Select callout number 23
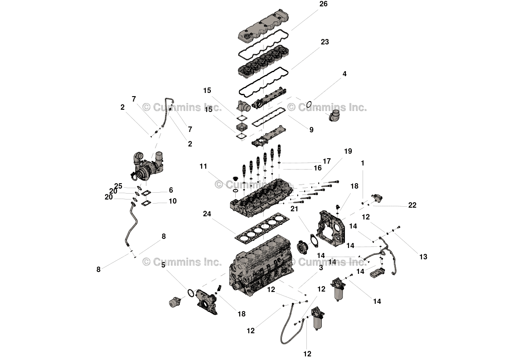pos(325,42)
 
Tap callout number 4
pos(344,74)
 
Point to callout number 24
pos(207,214)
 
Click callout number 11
pos(203,166)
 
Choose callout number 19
pos(348,151)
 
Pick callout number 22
pos(412,205)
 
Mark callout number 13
pos(423,257)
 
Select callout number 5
pos(163,265)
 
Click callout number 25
pos(118,186)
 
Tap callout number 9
pos(311,130)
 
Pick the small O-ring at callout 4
pos(308,104)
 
